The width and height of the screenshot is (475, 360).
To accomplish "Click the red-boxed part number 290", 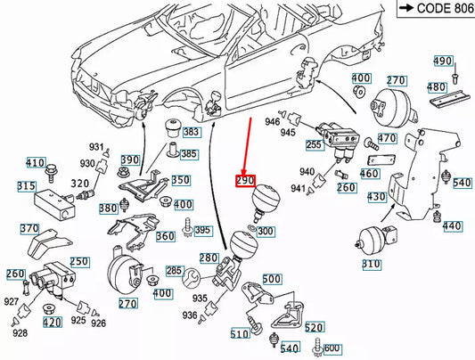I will click(x=246, y=181).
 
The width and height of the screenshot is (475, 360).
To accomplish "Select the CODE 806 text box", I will click(x=425, y=10).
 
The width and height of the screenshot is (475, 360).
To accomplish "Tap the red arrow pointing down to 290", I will click(x=250, y=143).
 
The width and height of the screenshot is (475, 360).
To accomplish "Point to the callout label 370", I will click(x=29, y=228).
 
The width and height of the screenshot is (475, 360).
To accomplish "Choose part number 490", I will click(x=443, y=61).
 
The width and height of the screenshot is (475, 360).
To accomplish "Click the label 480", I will click(x=436, y=87).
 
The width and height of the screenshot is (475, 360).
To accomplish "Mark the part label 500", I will click(x=272, y=279).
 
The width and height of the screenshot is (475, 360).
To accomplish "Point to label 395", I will click(x=203, y=231).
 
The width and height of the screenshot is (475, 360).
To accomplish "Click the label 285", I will click(x=174, y=270).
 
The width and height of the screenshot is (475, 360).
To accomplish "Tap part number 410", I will click(x=35, y=162).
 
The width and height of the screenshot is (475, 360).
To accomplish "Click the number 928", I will click(x=20, y=332).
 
